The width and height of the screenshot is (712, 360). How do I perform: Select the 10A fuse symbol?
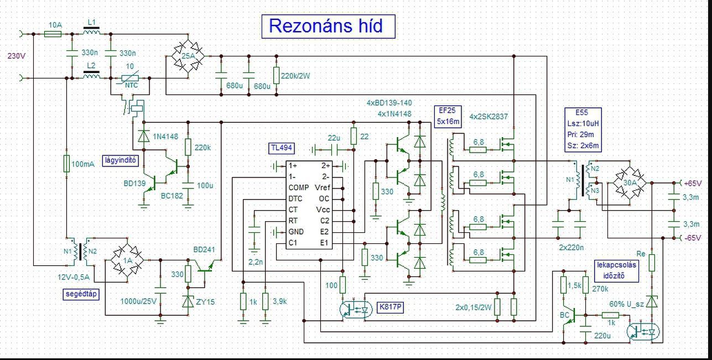pos(53,34)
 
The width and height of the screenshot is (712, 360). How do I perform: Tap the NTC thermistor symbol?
pos(131,78)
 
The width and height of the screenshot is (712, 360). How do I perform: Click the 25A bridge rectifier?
pos(188,56)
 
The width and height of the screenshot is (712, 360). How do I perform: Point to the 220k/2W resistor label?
pos(295,76)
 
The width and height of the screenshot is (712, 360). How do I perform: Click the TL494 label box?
pos(282,148)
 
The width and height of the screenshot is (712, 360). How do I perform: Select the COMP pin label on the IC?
pos(299,187)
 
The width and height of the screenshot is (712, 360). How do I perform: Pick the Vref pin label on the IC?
pos(323,187)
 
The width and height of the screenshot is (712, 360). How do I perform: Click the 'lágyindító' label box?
pos(121,160)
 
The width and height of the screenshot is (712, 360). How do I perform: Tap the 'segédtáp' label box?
pos(81,294)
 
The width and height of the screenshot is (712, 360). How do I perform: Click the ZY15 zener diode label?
pos(205,302)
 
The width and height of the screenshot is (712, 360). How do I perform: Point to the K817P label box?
pos(390,307)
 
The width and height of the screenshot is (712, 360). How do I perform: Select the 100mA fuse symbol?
pos(66,164)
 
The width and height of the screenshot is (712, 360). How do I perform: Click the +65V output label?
pos(693,184)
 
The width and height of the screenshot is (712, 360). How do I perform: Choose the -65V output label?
pos(693,238)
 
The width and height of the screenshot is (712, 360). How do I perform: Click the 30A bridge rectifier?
pos(630,183)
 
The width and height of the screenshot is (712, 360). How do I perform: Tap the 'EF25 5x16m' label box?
pos(448,116)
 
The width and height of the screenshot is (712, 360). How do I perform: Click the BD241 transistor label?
pos(204,250)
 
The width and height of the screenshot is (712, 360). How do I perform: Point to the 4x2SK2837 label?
pos(488,117)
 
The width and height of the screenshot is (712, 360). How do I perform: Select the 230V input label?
pos(17,56)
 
